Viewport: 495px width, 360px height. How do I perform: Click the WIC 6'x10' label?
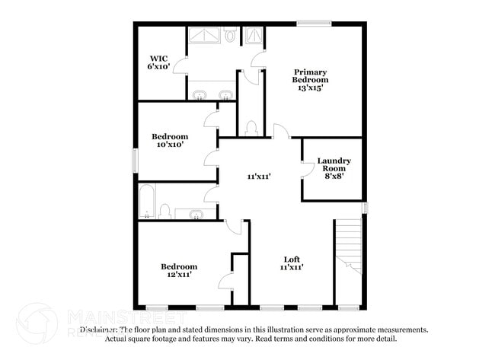(158, 62)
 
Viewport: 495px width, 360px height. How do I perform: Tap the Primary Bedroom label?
(311, 79)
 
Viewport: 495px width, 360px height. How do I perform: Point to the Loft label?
(292, 263)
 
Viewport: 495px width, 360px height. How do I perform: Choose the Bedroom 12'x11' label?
(179, 270)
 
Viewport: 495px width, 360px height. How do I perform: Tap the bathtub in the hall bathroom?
(147, 202)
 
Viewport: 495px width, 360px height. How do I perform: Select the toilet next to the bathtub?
(164, 211)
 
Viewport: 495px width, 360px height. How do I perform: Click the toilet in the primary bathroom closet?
(251, 128)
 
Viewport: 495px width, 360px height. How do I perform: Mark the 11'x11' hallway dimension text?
(259, 177)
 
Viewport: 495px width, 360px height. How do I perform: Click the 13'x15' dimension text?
(311, 88)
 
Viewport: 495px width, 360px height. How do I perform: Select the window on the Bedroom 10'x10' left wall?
(136, 161)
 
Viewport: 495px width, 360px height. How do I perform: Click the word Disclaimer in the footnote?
(99, 330)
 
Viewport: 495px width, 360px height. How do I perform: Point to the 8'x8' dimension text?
(334, 176)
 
